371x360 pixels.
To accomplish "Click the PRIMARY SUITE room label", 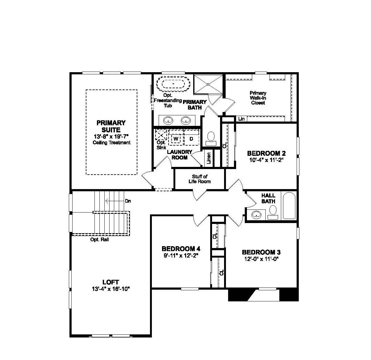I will click(111, 126).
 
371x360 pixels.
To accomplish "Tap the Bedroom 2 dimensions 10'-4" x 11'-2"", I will click(266, 160).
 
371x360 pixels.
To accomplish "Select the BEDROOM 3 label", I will click(261, 252).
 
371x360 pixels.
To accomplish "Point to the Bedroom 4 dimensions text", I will click(181, 255).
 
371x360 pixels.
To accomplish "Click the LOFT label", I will click(110, 282).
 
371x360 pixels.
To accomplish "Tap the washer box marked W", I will click(176, 139).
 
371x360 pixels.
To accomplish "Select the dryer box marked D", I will click(191, 139).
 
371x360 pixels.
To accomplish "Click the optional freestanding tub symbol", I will click(173, 83).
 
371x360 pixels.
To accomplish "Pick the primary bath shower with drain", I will click(208, 84).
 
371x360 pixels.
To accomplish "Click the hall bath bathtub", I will click(289, 206).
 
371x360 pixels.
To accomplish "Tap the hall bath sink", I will click(256, 214).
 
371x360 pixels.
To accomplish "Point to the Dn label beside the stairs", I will click(128, 201).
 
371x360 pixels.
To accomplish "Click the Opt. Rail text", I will click(99, 240).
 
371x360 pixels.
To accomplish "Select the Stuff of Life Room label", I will click(199, 179).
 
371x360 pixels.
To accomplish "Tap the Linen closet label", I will click(209, 158).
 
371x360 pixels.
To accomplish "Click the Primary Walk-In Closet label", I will click(258, 98).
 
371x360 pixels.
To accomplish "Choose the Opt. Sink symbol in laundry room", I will click(161, 136).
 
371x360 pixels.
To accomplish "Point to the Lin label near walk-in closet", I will click(241, 119).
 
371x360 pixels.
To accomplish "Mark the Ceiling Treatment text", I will click(111, 143).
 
